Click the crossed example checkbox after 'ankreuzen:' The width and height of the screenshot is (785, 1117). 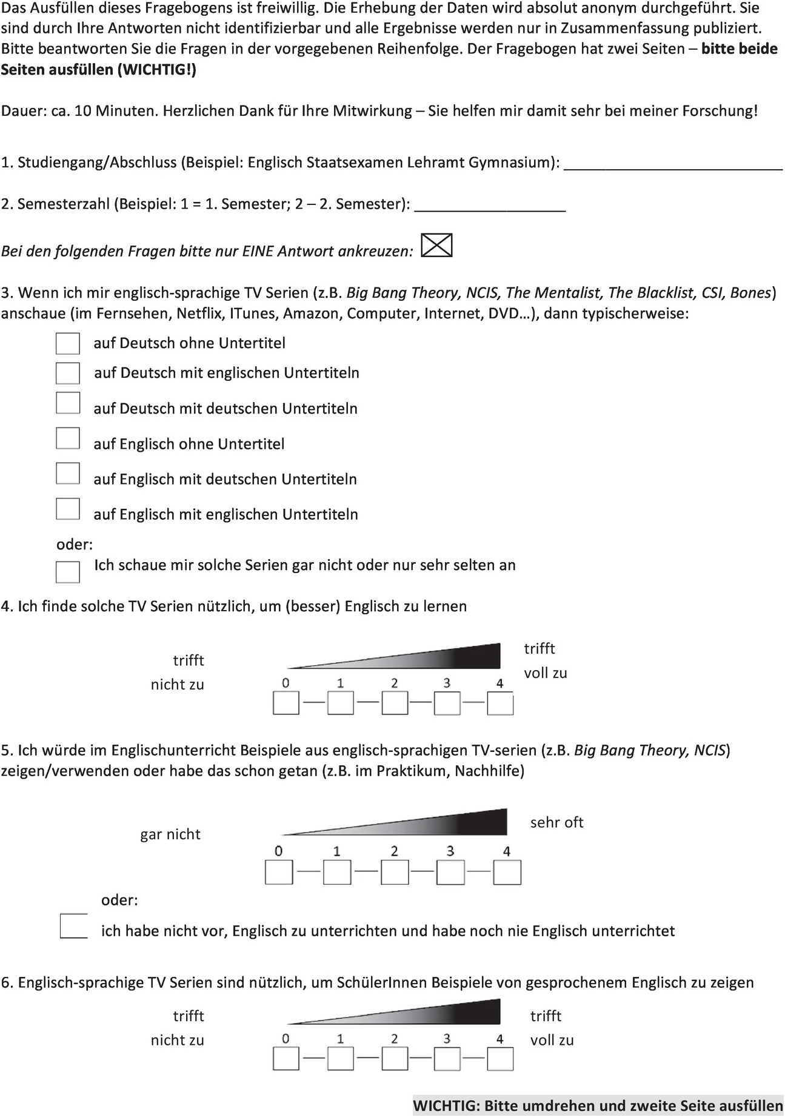(436, 246)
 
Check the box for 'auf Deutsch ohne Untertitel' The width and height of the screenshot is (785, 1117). (68, 343)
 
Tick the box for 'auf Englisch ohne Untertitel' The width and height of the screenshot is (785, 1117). (68, 438)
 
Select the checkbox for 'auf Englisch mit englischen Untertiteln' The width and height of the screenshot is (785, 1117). (68, 509)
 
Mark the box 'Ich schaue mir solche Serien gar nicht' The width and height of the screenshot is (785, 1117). (68, 571)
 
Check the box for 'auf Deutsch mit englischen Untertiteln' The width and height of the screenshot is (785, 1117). (68, 373)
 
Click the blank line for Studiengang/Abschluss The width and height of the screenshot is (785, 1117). (673, 165)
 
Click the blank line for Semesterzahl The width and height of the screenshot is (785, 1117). (490, 206)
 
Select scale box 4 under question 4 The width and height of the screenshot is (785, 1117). (501, 704)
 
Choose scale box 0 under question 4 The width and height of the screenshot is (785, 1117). (286, 704)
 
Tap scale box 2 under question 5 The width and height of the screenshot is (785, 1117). (395, 873)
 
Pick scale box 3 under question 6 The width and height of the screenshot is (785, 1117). (447, 1059)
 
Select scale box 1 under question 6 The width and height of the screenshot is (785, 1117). (341, 1059)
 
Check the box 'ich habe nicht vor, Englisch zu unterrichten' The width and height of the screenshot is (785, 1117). (74, 925)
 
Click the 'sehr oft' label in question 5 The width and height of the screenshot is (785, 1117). (556, 823)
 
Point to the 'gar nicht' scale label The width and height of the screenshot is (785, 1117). (170, 834)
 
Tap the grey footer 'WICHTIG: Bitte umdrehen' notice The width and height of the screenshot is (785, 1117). (598, 1105)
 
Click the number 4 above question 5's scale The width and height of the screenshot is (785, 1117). (507, 851)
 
